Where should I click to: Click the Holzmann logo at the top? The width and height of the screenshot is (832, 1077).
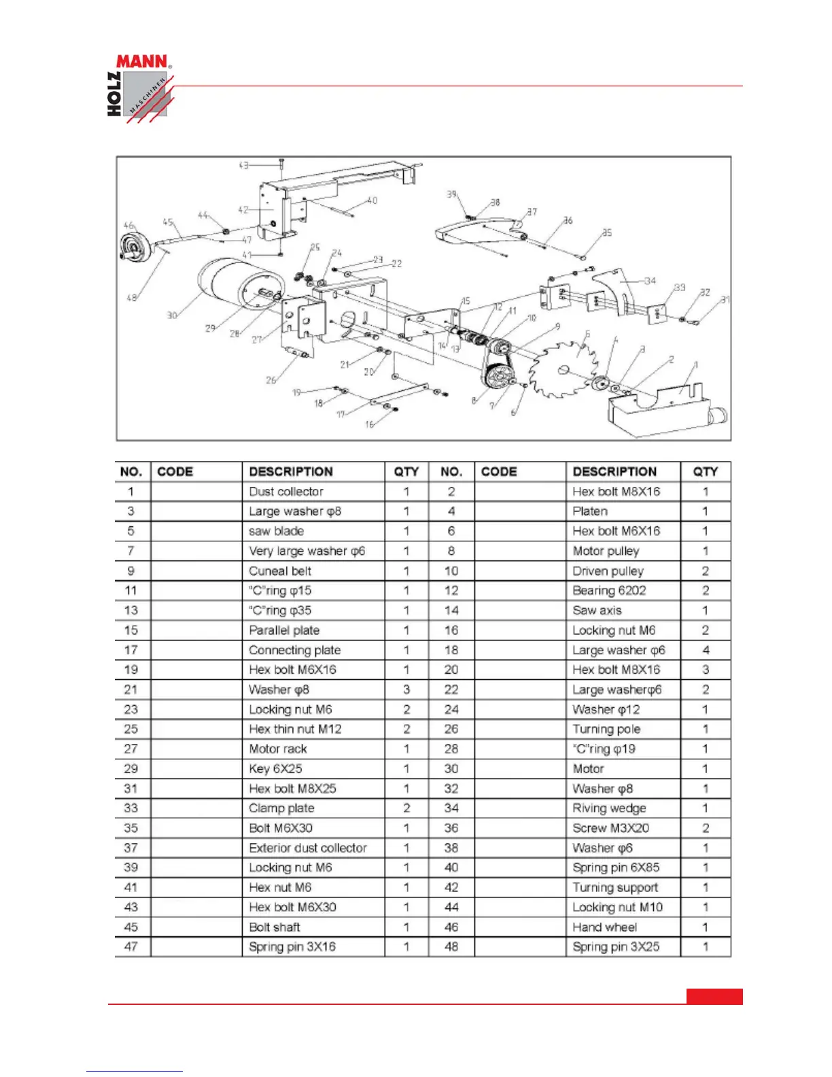click(140, 88)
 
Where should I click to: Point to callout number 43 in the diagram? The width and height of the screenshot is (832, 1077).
click(243, 165)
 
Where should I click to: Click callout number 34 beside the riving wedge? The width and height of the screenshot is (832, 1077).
click(650, 280)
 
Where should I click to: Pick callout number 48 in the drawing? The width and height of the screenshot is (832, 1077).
click(131, 297)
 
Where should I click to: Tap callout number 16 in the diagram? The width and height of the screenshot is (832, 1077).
click(369, 424)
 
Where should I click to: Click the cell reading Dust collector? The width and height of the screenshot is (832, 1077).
click(286, 492)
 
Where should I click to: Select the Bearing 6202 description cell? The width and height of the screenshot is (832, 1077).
click(609, 590)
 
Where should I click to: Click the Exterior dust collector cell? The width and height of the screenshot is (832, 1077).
click(308, 848)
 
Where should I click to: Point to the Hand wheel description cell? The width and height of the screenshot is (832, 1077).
click(604, 927)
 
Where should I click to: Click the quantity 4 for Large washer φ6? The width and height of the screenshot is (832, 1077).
click(706, 650)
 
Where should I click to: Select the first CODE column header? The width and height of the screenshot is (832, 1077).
click(175, 472)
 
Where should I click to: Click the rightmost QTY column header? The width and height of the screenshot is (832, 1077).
click(706, 472)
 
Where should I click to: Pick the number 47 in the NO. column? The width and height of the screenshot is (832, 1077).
click(131, 946)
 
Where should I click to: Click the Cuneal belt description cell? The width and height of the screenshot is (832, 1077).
click(280, 570)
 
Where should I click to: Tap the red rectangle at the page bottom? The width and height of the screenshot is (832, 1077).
click(714, 996)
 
